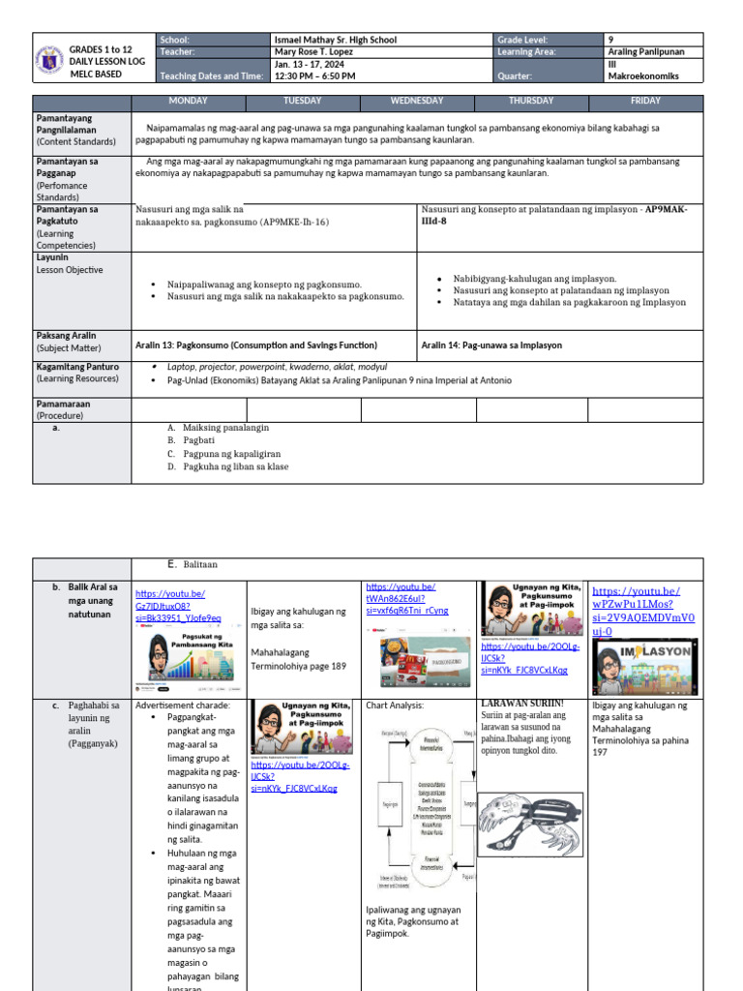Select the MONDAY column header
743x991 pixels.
pyautogui.click(x=188, y=101)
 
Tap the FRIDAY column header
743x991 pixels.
pyautogui.click(x=645, y=101)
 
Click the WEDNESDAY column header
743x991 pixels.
pyautogui.click(x=417, y=101)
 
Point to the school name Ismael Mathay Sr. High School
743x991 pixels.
pyautogui.click(x=336, y=40)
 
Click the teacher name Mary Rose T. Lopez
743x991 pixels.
pyautogui.click(x=318, y=52)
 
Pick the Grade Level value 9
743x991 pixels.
pyautogui.click(x=609, y=40)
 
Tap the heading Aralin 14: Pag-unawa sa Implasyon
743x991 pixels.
pyautogui.click(x=491, y=345)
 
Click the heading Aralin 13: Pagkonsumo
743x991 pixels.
pyautogui.click(x=256, y=345)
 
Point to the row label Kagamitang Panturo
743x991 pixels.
pyautogui.click(x=77, y=367)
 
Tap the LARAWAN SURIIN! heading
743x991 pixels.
pyautogui.click(x=521, y=704)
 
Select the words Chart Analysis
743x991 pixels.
pyautogui.click(x=395, y=706)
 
